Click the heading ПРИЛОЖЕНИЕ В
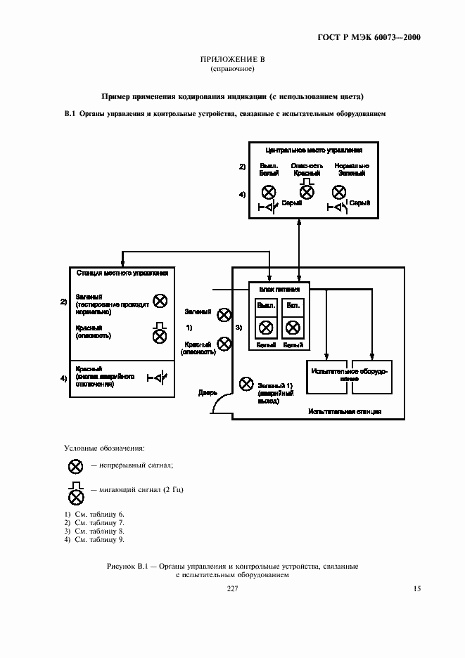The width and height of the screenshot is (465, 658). click(232, 59)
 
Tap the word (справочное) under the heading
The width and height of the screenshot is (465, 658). click(232, 69)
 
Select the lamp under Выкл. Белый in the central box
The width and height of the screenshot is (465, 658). click(268, 192)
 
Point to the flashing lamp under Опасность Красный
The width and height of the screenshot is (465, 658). click(307, 191)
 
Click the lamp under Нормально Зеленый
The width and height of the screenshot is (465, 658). click(339, 192)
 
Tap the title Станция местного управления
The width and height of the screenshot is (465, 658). click(122, 272)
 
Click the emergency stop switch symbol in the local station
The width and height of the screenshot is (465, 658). click(158, 378)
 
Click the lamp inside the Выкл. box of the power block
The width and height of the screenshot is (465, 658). click(266, 328)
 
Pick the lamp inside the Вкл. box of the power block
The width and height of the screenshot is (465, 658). click(292, 328)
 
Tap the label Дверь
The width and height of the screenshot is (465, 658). click(207, 394)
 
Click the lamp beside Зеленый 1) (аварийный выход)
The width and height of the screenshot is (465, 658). click(246, 384)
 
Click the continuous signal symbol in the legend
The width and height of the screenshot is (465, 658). click(75, 465)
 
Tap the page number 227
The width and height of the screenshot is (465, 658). click(232, 589)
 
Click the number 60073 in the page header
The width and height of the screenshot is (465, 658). click(383, 38)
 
